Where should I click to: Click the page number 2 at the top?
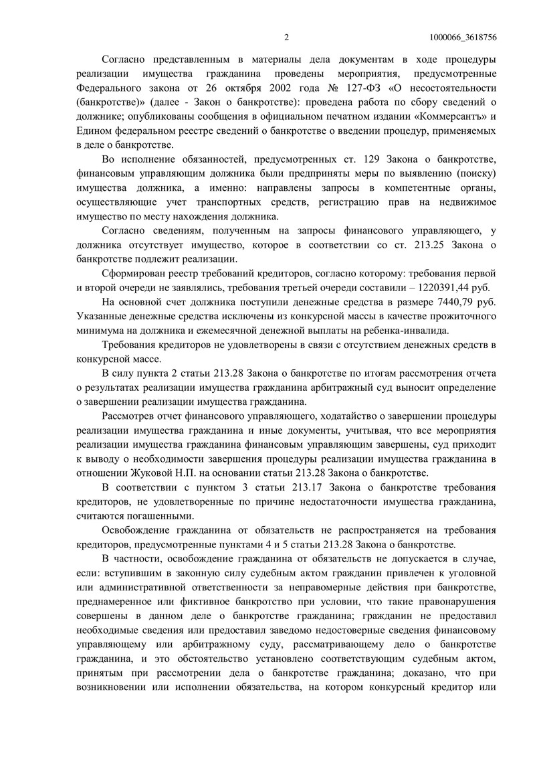pyautogui.click(x=286, y=37)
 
